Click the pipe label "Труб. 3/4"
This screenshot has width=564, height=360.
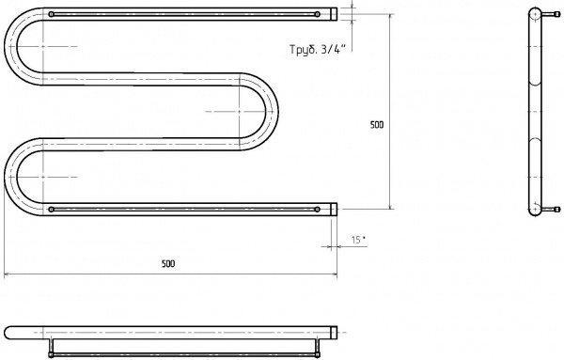[318, 49]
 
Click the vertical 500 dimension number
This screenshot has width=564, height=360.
[377, 125]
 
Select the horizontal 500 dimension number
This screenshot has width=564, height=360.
[168, 264]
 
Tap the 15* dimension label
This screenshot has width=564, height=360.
[358, 240]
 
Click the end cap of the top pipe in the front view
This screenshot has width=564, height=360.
[334, 14]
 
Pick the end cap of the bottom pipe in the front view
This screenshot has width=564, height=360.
[334, 210]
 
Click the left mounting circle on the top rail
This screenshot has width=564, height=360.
[51, 14]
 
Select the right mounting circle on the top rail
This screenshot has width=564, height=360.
[317, 14]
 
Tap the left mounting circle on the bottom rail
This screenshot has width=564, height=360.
[51, 210]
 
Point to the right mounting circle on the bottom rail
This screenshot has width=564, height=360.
[317, 210]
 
